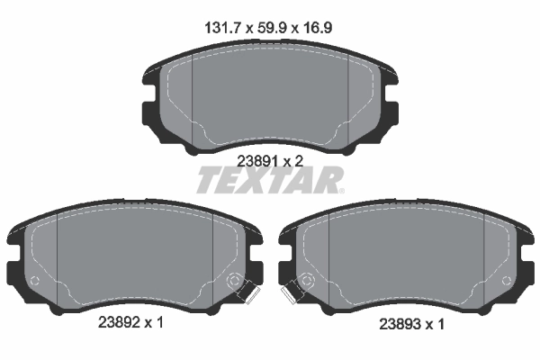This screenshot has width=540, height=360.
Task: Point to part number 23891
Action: pos(256,160)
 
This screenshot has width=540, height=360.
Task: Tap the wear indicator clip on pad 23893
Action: pos(290,292)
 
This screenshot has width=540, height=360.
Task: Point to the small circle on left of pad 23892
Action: pos(35,281)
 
